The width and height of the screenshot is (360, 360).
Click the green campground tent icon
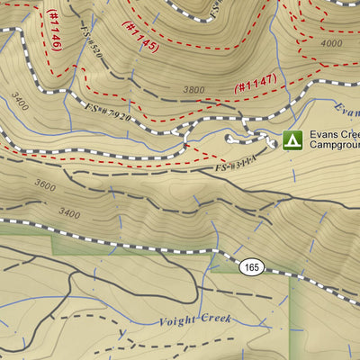[292, 139]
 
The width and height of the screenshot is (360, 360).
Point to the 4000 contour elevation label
[331, 42]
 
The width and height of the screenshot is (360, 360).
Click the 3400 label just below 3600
[68, 212]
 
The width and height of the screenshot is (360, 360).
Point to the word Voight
[176, 320]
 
